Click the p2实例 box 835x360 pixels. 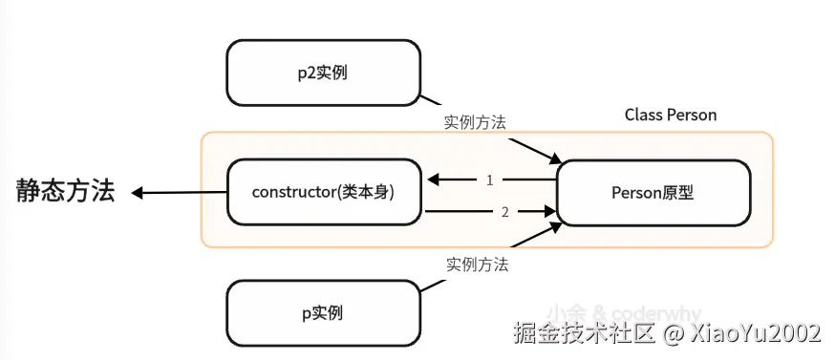[324, 73]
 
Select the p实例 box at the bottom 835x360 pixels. [324, 312]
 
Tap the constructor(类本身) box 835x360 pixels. [324, 192]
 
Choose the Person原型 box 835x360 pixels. [653, 192]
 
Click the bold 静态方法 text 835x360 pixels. [65, 191]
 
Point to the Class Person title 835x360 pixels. [671, 115]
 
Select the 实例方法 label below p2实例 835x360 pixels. [475, 123]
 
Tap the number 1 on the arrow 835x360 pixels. [489, 180]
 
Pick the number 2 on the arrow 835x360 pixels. [505, 211]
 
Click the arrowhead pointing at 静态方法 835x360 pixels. [138, 194]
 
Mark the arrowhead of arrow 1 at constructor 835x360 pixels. [432, 180]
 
